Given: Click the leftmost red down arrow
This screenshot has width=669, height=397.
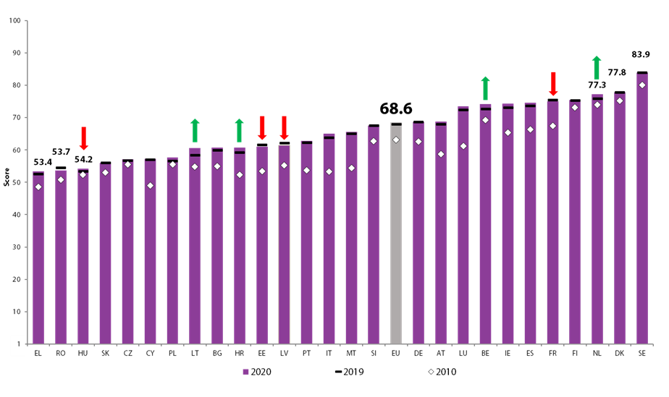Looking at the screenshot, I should (83, 138).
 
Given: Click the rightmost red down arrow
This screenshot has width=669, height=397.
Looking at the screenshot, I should (553, 83).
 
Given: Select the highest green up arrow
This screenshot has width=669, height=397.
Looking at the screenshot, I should (597, 67).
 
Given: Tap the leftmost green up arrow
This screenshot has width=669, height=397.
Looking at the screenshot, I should (195, 130).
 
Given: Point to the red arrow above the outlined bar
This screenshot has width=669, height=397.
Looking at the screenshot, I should (284, 127).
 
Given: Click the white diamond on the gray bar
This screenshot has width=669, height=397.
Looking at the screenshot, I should (396, 140).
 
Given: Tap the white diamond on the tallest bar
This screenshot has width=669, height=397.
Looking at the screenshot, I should (642, 85).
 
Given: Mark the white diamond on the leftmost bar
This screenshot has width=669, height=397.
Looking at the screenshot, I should (38, 187).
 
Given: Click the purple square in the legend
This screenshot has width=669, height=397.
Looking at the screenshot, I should (246, 372).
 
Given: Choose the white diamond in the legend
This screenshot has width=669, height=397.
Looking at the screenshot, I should (431, 372).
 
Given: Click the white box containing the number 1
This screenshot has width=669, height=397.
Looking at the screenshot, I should (18, 345).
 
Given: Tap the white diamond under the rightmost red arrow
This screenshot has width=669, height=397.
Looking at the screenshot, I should (553, 126).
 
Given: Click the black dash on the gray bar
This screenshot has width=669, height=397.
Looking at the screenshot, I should (396, 124).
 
